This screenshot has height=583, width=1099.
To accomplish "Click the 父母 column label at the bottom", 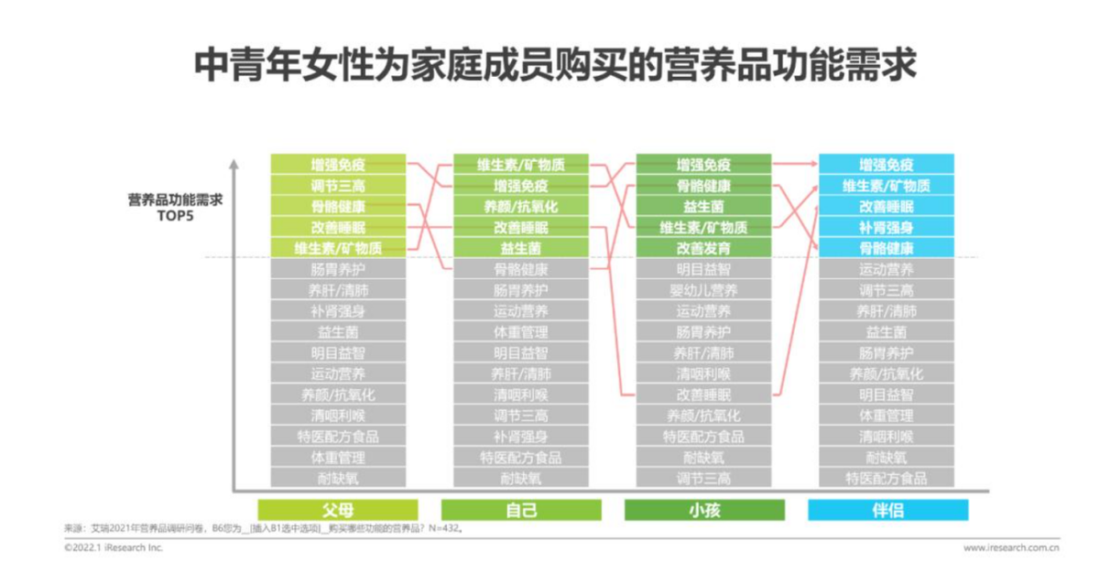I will click(x=338, y=510).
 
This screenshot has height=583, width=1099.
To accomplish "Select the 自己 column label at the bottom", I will click(x=521, y=510).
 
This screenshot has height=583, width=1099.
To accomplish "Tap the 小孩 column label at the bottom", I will click(x=703, y=510).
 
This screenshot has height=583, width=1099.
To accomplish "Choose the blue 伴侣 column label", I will click(x=887, y=510).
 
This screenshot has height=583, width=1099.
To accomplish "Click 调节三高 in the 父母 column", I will click(x=338, y=186).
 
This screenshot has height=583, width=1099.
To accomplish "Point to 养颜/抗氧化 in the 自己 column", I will click(x=521, y=207).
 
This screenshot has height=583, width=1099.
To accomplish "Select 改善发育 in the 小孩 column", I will click(x=703, y=248).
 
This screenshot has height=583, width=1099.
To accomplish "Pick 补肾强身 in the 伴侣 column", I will click(x=887, y=227).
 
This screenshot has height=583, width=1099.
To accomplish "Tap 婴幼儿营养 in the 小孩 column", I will click(x=703, y=290).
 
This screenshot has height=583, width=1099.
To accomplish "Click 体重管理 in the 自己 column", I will click(x=521, y=331).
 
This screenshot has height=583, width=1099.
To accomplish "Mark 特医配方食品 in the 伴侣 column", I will click(x=887, y=478).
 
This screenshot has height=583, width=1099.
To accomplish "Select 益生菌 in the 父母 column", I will click(x=338, y=331).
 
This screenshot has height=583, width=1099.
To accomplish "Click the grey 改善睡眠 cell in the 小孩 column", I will click(x=703, y=394).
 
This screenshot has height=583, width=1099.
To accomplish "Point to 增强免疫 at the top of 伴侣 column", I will click(x=887, y=165).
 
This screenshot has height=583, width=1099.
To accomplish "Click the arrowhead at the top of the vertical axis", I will click(x=234, y=165).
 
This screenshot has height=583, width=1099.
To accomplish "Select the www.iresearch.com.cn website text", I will click(x=1011, y=547).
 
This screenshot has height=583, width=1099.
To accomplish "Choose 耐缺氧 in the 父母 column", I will click(x=338, y=478).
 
